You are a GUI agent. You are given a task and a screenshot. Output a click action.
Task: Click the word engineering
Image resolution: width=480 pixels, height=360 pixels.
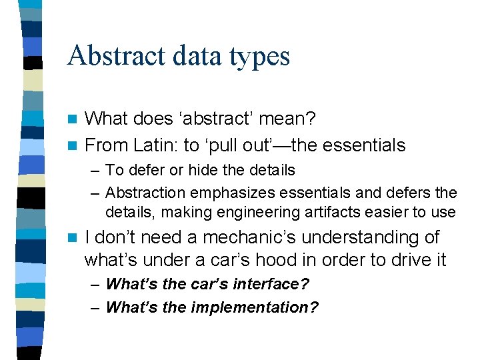[227, 213]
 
